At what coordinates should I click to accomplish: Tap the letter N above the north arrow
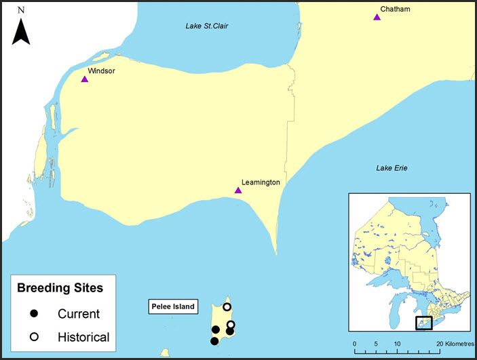pyautogui.click(x=22, y=10)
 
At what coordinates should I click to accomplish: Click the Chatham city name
pyautogui.click(x=396, y=9)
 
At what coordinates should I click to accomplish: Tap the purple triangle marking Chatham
pyautogui.click(x=377, y=17)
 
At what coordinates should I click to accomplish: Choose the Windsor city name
pyautogui.click(x=101, y=71)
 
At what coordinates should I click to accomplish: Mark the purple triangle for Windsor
pyautogui.click(x=85, y=79)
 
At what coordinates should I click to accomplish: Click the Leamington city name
pyautogui.click(x=261, y=182)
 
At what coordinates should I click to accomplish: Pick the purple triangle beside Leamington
pyautogui.click(x=238, y=191)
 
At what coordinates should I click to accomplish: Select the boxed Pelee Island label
pyautogui.click(x=172, y=307)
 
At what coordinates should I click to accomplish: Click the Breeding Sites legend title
pyautogui.click(x=60, y=288)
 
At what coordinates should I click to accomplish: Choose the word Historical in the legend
pyautogui.click(x=83, y=337)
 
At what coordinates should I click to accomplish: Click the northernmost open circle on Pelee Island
pyautogui.click(x=227, y=307)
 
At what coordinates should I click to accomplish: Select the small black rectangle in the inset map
pyautogui.click(x=423, y=323)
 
